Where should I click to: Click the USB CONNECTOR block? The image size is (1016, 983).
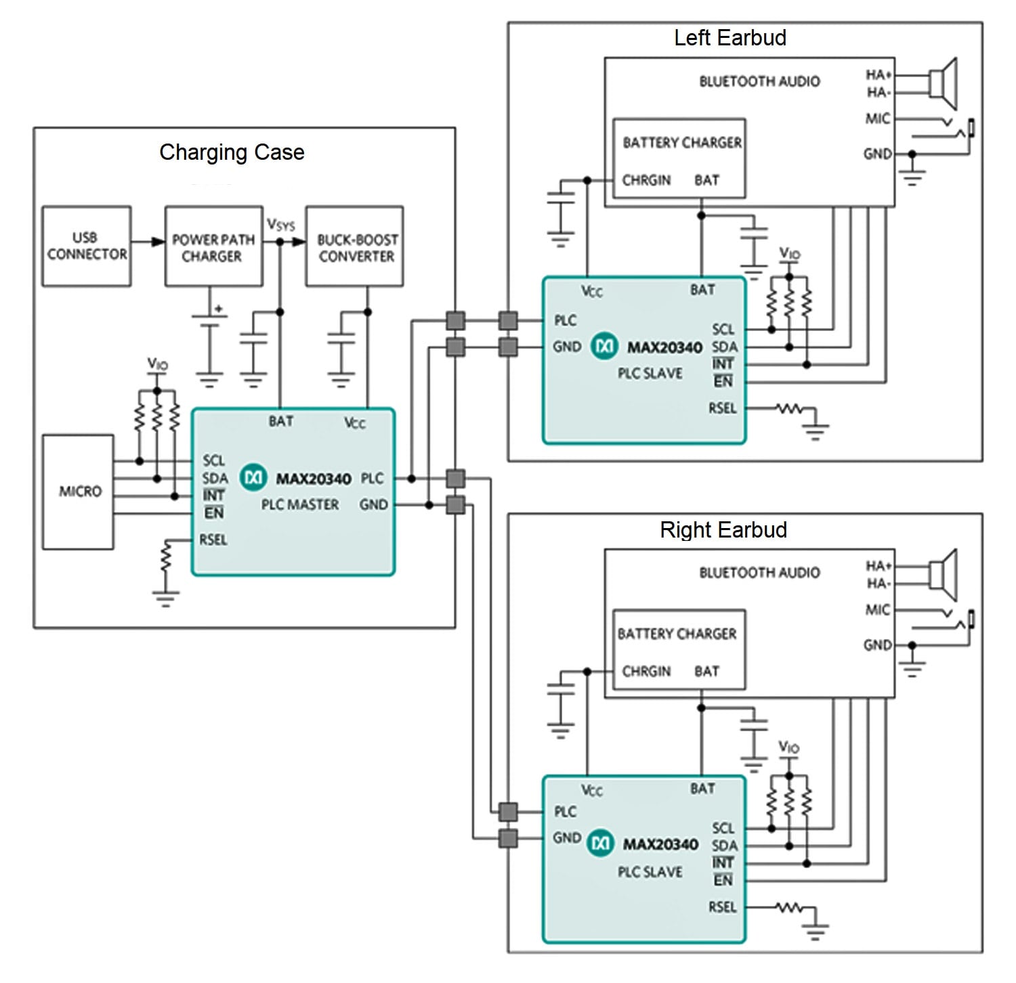pos(86,246)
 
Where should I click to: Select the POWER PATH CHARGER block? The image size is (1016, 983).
pos(213,247)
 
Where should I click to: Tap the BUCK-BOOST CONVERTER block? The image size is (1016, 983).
pos(355,247)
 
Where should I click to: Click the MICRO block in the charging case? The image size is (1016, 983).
pos(79,491)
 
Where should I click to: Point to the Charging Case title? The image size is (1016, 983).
pos(232,152)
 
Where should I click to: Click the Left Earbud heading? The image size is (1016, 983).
pos(729,38)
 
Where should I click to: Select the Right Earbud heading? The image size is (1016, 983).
pos(723,529)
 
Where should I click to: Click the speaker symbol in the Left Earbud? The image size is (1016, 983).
pos(942,83)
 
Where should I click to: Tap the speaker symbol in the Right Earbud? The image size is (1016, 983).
pos(942,575)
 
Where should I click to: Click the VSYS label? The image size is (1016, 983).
pos(280,224)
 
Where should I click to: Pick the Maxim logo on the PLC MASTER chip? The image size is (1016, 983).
pos(254,478)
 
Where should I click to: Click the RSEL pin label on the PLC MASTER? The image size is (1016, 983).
pos(213,540)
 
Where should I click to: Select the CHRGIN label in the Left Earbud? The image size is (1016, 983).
pos(646,180)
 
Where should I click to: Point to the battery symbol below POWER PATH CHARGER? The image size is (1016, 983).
pos(210,321)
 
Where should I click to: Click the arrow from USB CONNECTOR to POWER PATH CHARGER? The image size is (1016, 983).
pos(148,242)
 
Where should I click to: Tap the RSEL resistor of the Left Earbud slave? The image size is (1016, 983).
pos(788,409)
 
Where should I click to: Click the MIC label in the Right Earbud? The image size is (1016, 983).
pos(877,610)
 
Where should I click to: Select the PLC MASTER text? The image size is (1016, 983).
pos(300,505)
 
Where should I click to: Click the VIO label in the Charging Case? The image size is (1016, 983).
pos(157,365)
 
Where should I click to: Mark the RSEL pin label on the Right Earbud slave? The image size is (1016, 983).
pos(722,907)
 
